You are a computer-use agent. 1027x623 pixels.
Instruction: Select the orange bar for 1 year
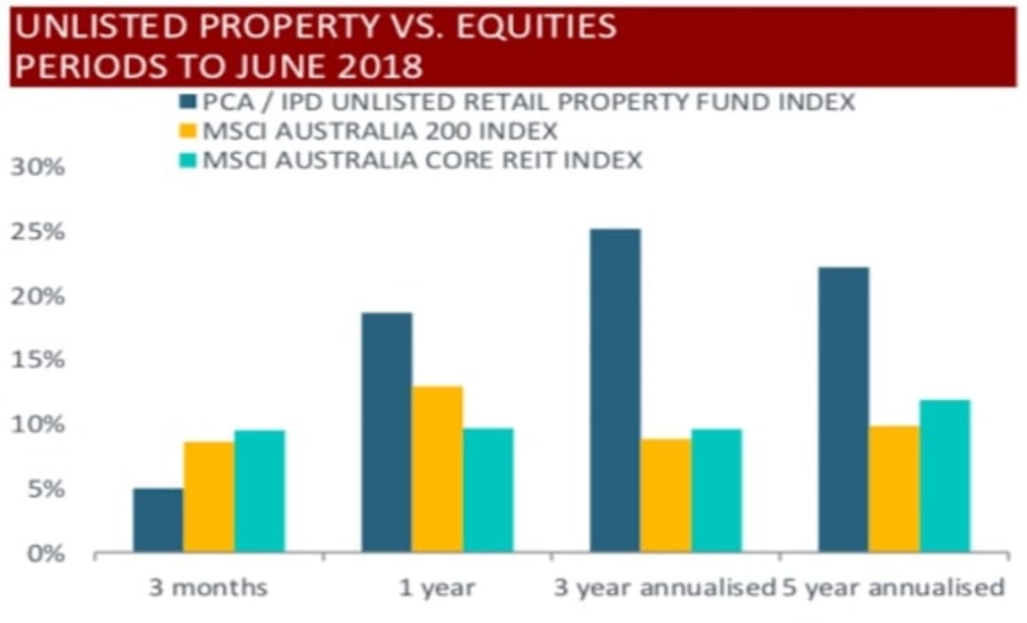point(436,469)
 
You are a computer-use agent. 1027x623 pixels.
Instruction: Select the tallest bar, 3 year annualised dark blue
point(614,390)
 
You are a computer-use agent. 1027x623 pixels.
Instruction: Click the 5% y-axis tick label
point(44,490)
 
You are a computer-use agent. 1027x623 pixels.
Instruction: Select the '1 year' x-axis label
point(437,588)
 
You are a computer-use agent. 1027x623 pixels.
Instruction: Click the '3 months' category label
point(209,588)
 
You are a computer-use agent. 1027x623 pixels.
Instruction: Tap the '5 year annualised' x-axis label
point(894,588)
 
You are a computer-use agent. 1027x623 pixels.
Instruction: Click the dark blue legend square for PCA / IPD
point(188,102)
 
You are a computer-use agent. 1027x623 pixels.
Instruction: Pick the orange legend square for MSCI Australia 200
point(188,131)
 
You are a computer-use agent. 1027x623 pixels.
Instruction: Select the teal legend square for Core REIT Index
point(188,160)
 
